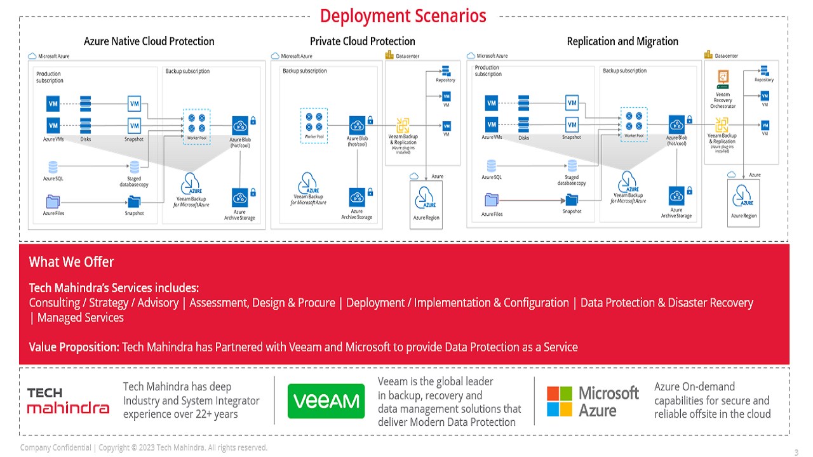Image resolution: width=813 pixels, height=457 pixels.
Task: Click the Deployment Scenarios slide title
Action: point(403,15)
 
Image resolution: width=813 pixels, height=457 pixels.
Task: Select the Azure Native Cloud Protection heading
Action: point(149,41)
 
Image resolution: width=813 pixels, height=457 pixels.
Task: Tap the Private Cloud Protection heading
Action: point(363,41)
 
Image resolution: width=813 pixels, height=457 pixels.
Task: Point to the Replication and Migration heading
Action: point(622,41)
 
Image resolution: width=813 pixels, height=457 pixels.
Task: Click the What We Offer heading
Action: point(72,262)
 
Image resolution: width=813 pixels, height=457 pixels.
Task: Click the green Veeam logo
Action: point(326,401)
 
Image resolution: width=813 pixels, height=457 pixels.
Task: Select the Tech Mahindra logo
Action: point(68,401)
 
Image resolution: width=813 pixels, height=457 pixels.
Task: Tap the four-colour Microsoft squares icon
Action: point(560,401)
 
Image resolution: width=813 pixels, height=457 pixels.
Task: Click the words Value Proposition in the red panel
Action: point(74,347)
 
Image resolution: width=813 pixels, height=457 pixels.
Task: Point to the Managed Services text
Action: point(81,317)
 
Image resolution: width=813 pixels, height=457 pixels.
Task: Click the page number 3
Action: point(796,453)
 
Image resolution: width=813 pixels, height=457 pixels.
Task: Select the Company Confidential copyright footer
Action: point(144,448)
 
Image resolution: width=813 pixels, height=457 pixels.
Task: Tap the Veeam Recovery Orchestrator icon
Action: point(723,77)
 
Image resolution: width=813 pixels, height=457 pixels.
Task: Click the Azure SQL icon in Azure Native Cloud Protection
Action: point(53,167)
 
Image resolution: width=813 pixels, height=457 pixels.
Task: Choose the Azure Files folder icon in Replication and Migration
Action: point(492,200)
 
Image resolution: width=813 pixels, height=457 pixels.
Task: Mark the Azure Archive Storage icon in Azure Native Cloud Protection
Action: point(240,197)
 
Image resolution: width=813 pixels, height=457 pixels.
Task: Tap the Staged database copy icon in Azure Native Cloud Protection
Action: point(134,167)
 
